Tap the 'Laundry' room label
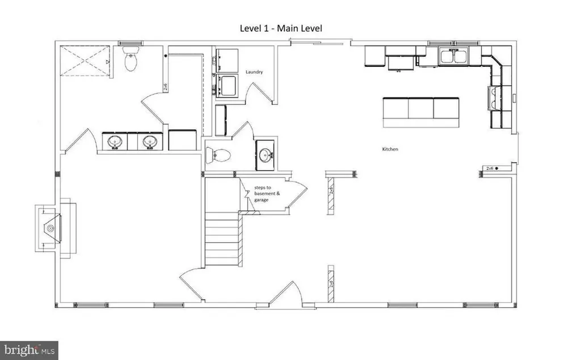click(x=254, y=72)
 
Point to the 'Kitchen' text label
click(x=390, y=149)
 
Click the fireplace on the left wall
click(x=51, y=228)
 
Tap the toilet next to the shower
click(x=130, y=60)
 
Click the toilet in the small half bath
click(x=218, y=154)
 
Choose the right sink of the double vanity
click(x=150, y=141)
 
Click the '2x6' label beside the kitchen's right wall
click(x=490, y=168)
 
